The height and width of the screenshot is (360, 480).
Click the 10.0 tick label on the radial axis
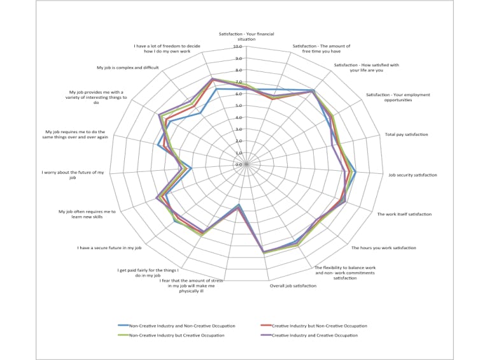pos(237,47)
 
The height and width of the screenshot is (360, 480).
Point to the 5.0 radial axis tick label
pos(238,106)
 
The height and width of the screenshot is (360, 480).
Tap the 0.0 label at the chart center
pos(238,165)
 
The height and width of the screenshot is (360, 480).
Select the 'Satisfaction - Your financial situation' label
pos(237,36)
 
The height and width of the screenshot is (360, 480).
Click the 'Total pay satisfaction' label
pos(406,134)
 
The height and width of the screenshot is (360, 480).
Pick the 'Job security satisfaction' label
pos(413,175)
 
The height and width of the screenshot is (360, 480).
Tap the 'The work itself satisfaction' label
pos(404,214)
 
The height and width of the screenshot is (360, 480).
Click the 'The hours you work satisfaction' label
pos(384,248)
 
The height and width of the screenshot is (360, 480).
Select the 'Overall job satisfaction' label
pos(293,286)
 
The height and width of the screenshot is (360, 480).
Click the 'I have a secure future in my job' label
pos(109,248)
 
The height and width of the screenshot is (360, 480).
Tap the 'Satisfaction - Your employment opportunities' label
pos(398,97)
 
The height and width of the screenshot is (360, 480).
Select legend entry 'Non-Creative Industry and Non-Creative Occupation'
pos(178,326)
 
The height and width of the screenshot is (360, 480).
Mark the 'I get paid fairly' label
pos(148,273)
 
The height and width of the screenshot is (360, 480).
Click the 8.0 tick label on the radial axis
pos(238,70)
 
